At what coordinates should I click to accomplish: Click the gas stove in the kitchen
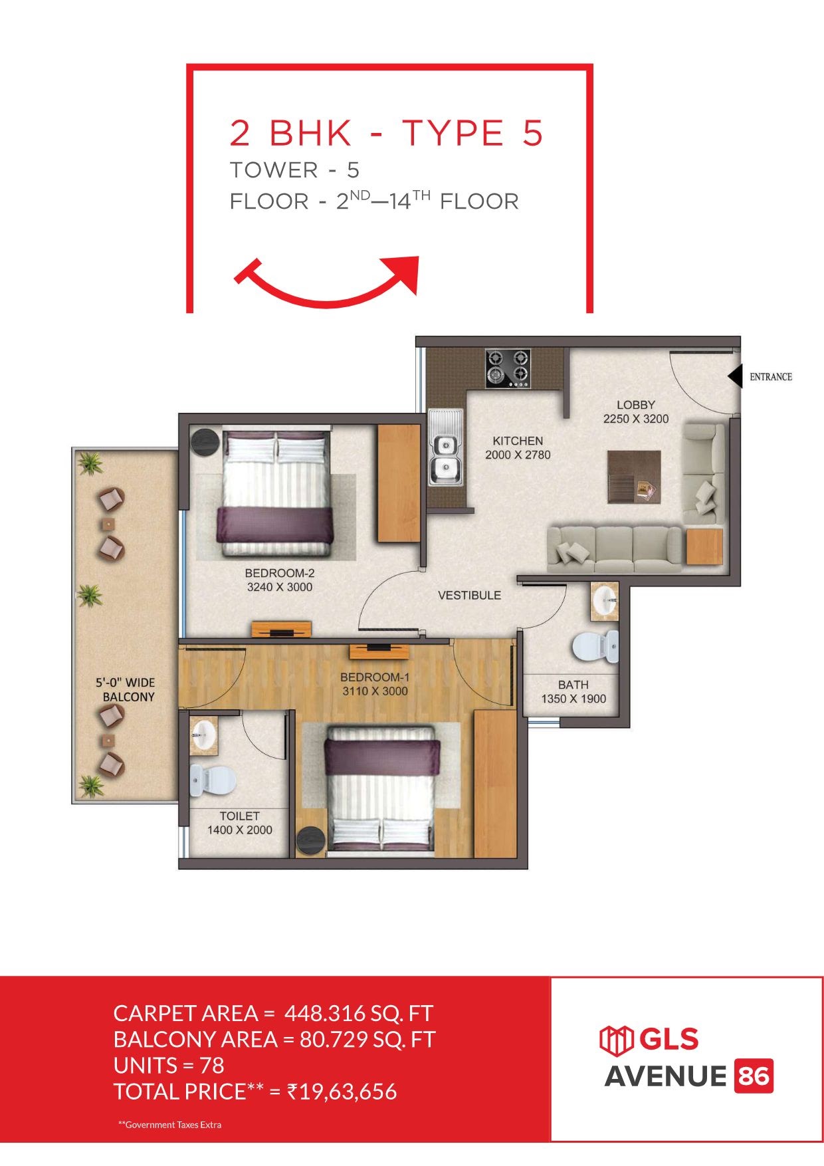508,368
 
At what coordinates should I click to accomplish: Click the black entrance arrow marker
735,376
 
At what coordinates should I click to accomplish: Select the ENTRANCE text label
771,377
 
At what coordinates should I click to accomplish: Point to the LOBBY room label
636,405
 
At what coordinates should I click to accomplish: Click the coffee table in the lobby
634,477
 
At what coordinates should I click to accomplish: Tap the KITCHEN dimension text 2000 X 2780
518,455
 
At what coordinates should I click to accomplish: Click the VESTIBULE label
469,596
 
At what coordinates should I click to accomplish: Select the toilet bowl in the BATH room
595,646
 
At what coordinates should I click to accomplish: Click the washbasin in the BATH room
605,602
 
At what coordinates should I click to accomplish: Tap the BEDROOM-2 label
280,573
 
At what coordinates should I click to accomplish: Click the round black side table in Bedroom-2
205,442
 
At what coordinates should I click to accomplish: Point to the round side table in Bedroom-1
310,840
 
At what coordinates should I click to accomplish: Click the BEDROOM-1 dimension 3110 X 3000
375,691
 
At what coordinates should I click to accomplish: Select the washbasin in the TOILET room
203,735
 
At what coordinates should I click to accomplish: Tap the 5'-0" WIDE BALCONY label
126,690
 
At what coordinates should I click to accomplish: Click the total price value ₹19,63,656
342,1092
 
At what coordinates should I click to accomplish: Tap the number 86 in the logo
754,1076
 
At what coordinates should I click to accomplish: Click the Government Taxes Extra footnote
169,1125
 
